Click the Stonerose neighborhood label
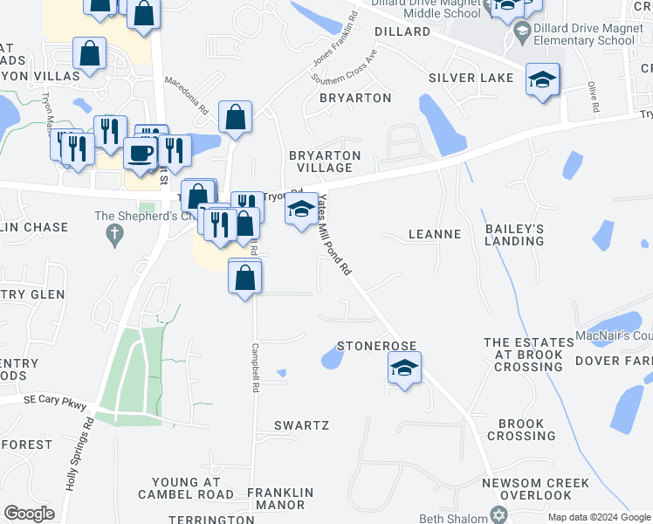[x=376, y=346]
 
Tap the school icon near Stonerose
[x=404, y=368]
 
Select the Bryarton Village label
[x=325, y=162]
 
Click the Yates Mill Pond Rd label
[x=335, y=235]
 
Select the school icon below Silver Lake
[x=542, y=80]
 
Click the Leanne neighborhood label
[x=435, y=234]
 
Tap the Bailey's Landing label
[x=514, y=234]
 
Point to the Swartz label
[x=301, y=425]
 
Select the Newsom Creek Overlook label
[x=536, y=489]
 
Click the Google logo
[x=29, y=514]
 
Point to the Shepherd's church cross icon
[x=113, y=233]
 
